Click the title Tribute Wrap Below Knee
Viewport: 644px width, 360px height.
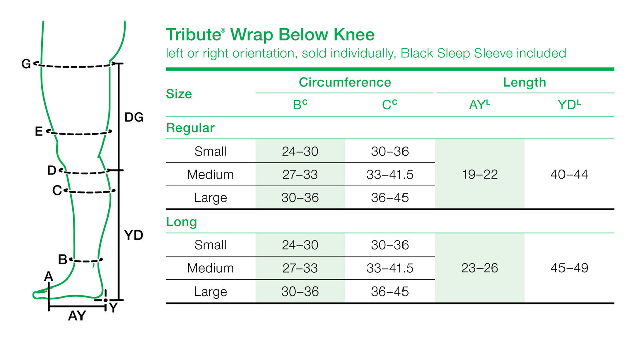pos(270,35)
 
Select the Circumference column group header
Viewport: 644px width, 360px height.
pos(345,82)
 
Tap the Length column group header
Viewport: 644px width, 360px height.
pos(524,82)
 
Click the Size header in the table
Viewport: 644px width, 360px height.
pos(179,94)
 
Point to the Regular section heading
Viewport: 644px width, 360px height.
pos(190,128)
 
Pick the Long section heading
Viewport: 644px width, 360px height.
pos(181,222)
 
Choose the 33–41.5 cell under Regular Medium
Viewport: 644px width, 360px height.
pos(390,175)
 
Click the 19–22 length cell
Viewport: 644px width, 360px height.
pos(479,175)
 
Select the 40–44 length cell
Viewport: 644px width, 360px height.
pos(569,175)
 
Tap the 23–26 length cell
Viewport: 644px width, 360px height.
pos(479,268)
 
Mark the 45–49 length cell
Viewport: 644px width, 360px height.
pos(569,268)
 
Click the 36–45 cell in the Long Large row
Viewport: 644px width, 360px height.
pos(390,292)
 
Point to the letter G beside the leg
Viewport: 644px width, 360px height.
pos(26,64)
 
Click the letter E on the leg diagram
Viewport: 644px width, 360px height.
pos(39,132)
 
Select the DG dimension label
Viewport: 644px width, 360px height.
pos(134,117)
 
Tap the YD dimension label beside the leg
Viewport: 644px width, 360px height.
pos(134,235)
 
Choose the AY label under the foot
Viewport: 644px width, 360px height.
pos(77,316)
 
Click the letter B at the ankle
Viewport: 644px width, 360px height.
pos(63,260)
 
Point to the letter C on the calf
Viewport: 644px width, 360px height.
pos(57,191)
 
